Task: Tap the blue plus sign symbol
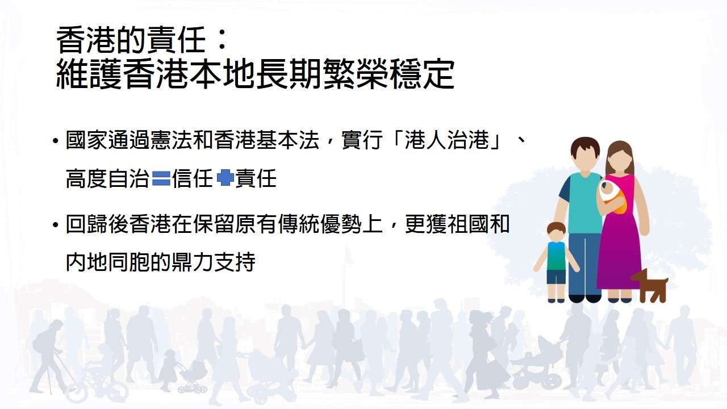(225, 178)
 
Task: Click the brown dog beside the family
(650, 286)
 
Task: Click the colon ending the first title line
(222, 41)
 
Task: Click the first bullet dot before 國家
(56, 141)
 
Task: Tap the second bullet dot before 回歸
(56, 224)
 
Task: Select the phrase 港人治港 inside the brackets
(446, 140)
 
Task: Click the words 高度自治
(108, 178)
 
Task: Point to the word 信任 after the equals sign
(193, 178)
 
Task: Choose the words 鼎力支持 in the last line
(213, 262)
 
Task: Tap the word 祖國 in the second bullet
(467, 224)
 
